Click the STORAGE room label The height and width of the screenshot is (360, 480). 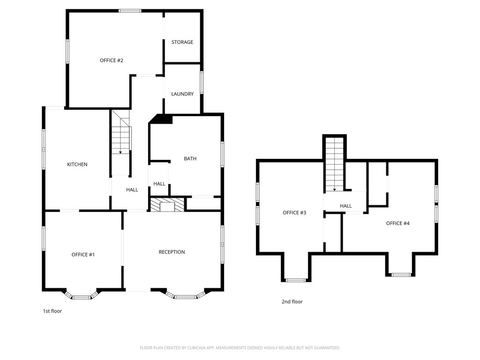tap(182, 42)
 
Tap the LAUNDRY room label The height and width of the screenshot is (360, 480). tap(182, 94)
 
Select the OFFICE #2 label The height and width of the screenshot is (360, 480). tap(112, 60)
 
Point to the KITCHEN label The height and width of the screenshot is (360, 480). tap(77, 165)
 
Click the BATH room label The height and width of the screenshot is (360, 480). tap(190, 158)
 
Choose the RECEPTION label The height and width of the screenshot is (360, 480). tap(172, 252)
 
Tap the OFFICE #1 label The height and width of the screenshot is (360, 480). tap(83, 255)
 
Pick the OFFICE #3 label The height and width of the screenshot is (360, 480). tap(294, 213)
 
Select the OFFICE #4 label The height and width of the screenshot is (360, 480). tap(397, 224)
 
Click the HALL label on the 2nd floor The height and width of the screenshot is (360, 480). tap(345, 206)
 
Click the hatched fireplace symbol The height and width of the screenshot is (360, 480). tap(167, 204)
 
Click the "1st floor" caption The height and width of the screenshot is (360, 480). tap(52, 311)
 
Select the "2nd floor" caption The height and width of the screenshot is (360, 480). tap(292, 301)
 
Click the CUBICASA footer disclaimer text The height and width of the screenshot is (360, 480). tap(240, 348)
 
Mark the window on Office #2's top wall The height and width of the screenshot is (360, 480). tap(130, 11)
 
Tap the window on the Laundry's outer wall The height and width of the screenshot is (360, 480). tap(202, 82)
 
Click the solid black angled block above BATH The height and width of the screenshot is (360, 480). tap(161, 119)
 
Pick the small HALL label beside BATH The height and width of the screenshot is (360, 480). tap(159, 184)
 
